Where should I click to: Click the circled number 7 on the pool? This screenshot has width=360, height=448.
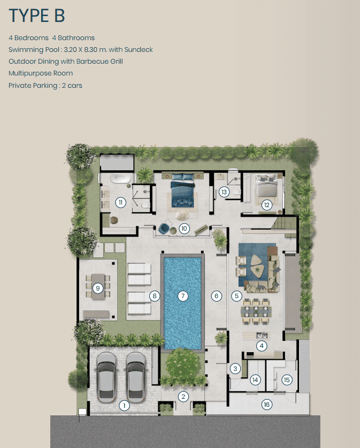183,295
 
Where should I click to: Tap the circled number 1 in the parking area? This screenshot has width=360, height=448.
124,405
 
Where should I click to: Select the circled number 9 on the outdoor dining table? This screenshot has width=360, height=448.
98,288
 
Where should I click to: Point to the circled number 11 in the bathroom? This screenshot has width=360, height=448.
121,202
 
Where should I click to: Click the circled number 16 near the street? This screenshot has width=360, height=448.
266,404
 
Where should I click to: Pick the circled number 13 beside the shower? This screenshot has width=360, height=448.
224,192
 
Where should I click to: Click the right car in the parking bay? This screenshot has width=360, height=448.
136,377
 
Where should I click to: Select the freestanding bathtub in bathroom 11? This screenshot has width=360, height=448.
121,179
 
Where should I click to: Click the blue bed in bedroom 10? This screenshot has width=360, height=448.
183,190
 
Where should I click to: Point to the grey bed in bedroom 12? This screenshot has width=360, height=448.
266,186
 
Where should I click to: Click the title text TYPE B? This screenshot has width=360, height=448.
37,16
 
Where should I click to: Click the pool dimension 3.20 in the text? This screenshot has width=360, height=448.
70,49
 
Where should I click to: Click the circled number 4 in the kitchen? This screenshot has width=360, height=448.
262,346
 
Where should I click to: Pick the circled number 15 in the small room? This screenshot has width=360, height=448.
287,379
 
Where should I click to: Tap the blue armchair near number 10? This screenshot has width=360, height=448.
164,229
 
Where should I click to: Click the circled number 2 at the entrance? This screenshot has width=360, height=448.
183,396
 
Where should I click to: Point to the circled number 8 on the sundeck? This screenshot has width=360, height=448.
155,295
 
